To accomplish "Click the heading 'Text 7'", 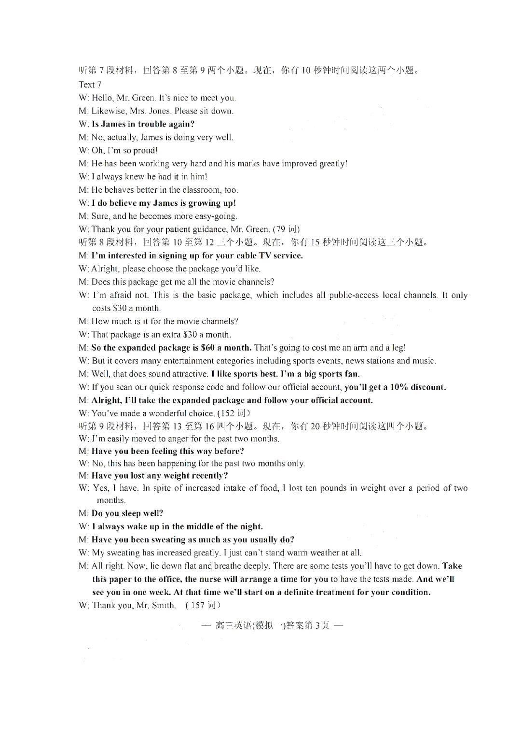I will pos(90,85).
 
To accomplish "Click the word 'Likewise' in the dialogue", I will pos(107,111).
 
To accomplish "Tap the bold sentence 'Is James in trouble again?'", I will pos(143,124).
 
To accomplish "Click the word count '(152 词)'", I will pos(234,413).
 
